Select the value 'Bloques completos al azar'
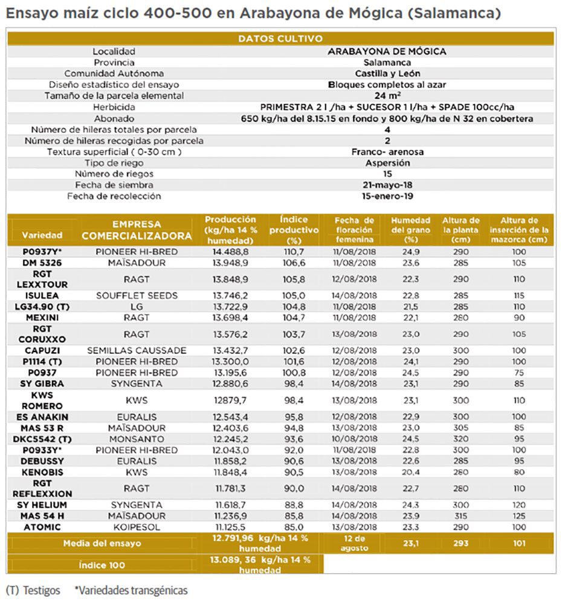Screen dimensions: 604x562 387,85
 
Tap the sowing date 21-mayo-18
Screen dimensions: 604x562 387,185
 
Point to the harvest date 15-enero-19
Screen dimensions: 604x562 387,196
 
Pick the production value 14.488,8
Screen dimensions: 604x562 230,251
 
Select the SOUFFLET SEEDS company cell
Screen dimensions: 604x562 137,295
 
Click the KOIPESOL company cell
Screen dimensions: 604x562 137,527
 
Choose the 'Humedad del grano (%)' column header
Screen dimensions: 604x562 410,230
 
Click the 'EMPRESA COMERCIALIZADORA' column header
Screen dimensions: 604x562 137,230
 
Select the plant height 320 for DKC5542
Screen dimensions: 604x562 460,439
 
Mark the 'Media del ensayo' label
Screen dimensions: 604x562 102,543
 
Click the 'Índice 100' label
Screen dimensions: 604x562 102,565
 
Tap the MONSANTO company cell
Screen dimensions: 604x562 137,439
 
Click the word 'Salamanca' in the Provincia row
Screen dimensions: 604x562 387,62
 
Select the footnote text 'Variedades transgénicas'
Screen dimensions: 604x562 131,590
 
